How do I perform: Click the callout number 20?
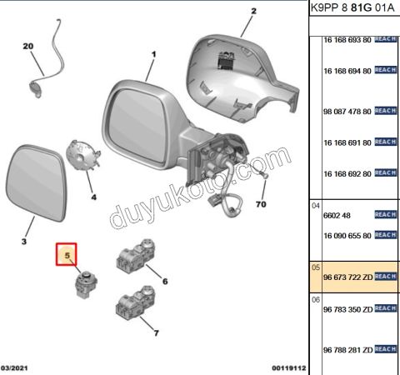[28, 46]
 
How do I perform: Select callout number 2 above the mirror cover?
[253, 11]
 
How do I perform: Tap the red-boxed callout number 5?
[67, 255]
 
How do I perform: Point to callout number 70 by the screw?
[261, 204]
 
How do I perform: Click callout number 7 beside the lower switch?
[157, 332]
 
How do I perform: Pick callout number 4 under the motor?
[94, 197]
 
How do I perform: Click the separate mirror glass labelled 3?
[37, 182]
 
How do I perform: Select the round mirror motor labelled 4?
[83, 155]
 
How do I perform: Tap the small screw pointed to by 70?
[263, 175]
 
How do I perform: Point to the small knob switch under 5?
[86, 285]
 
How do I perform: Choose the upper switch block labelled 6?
[135, 255]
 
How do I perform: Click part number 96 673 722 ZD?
[347, 277]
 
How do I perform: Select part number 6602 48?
[337, 215]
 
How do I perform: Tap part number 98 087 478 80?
[347, 112]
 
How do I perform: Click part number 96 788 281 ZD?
[347, 350]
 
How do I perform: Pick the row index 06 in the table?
[316, 300]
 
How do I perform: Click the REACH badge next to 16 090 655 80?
[385, 235]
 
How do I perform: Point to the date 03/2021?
[14, 368]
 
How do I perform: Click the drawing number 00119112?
[289, 368]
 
